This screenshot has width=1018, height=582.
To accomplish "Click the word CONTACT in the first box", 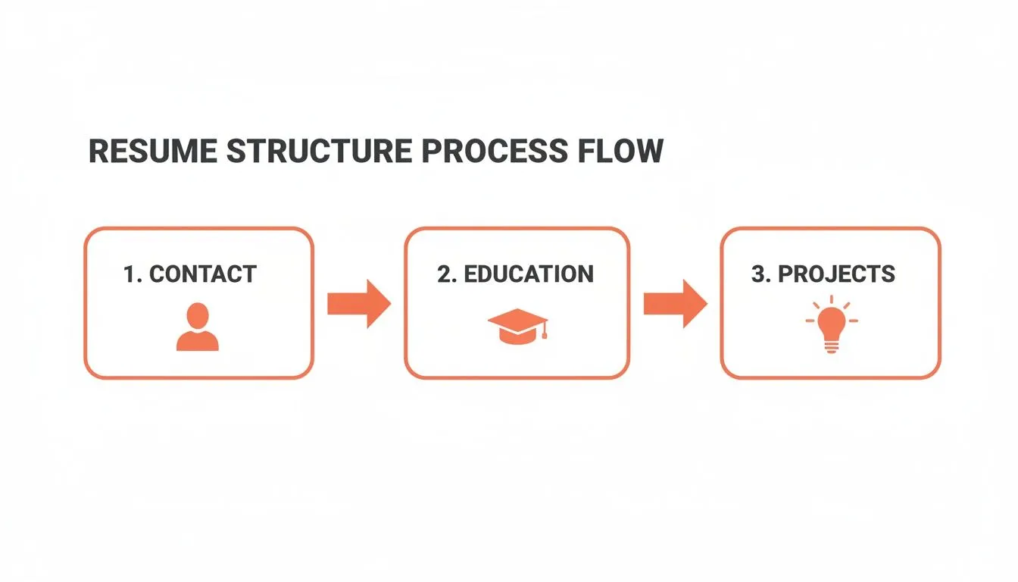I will [x=203, y=274].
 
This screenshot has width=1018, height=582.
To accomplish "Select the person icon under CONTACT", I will [x=198, y=327].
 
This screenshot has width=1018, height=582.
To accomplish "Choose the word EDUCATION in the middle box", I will [x=529, y=274].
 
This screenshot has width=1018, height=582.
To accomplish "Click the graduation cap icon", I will [x=517, y=326].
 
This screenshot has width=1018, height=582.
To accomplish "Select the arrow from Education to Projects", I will [x=675, y=303].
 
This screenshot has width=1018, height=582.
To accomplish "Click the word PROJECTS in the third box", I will [x=837, y=274].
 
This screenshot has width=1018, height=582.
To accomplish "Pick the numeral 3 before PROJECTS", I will [x=758, y=274].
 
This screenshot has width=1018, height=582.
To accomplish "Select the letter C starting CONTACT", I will [x=158, y=274].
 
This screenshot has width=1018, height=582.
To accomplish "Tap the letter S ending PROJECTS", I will [x=888, y=274].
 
